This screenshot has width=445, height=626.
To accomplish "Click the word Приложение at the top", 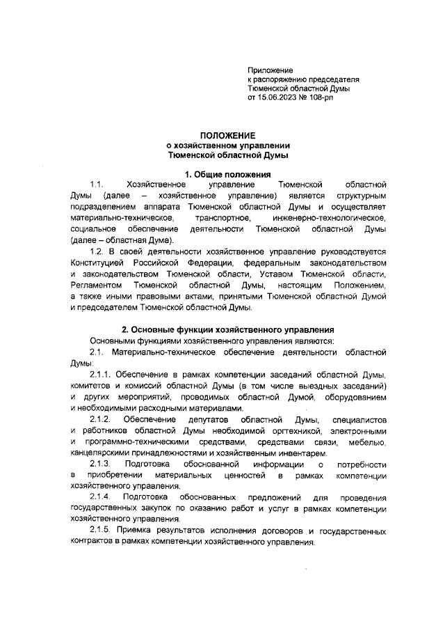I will [270, 70].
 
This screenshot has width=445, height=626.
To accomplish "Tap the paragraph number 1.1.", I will [97, 184].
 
